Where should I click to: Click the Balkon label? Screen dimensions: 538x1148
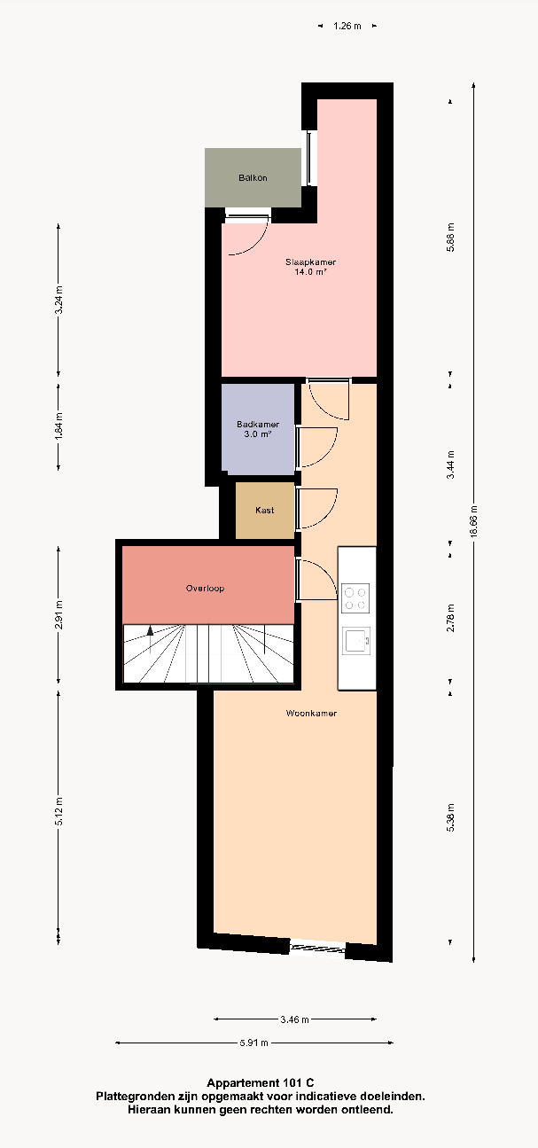pyautogui.click(x=253, y=178)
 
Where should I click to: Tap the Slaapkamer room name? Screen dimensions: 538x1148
pyautogui.click(x=310, y=262)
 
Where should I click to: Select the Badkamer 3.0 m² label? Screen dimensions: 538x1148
pyautogui.click(x=258, y=429)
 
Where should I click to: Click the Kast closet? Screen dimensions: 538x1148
pyautogui.click(x=265, y=511)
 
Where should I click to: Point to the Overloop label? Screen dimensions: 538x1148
pyautogui.click(x=205, y=589)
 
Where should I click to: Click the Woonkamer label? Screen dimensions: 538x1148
pyautogui.click(x=311, y=713)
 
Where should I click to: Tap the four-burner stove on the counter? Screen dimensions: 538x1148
pyautogui.click(x=355, y=598)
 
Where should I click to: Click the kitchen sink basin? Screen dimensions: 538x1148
pyautogui.click(x=356, y=640)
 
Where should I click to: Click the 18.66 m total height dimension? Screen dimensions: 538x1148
pyautogui.click(x=473, y=521)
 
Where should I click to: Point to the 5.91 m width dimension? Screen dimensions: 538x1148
pyautogui.click(x=254, y=1043)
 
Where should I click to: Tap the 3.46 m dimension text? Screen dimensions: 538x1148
pyautogui.click(x=294, y=1019)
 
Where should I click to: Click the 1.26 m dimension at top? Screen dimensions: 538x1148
pyautogui.click(x=347, y=26)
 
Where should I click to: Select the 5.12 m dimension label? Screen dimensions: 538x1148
pyautogui.click(x=58, y=811)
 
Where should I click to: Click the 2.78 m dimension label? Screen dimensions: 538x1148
pyautogui.click(x=450, y=618)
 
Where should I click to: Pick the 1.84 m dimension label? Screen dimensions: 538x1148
pyautogui.click(x=58, y=426)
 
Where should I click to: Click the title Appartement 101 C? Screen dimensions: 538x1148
pyautogui.click(x=261, y=1083)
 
